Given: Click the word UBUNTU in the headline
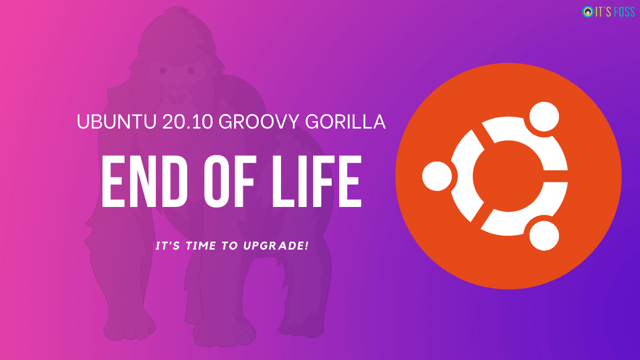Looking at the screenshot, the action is (117, 122).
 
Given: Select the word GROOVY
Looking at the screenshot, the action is (259, 122).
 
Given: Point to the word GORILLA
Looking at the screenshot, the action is (346, 122).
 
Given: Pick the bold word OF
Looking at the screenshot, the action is (229, 181).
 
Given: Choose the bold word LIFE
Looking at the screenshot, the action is (317, 181).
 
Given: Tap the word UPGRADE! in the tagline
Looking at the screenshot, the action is (276, 246).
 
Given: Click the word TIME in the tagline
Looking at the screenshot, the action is (201, 246).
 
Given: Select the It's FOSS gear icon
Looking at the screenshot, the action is (588, 12).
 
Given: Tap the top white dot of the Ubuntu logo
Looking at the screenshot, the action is (544, 117).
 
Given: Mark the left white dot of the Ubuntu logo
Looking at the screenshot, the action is (437, 176).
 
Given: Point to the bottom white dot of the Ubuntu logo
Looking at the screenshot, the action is (544, 236).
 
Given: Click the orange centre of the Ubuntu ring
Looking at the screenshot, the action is (508, 176).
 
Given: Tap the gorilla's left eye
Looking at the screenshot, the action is (163, 70).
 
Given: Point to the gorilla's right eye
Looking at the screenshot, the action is (190, 70).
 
